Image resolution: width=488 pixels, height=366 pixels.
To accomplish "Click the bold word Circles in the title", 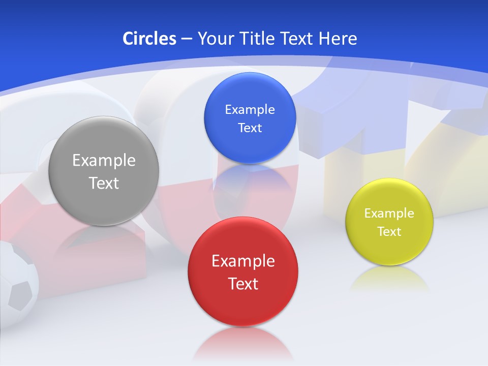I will click(149, 38).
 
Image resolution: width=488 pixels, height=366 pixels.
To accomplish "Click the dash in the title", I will click(187, 39).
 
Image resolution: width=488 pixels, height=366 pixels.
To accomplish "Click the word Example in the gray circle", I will click(104, 160).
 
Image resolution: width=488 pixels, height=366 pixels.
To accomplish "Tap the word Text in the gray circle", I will click(104, 183).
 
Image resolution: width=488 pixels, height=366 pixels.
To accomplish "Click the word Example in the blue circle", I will click(250, 109).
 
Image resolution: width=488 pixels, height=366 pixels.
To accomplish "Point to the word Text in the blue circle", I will click(250, 128).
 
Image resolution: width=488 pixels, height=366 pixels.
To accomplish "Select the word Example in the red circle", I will click(243, 261).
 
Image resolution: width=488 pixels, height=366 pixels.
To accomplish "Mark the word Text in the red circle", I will click(243, 284).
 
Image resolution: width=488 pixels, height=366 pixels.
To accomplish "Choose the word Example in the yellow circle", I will click(389, 213).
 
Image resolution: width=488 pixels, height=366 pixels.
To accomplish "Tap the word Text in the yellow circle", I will click(389, 231).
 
